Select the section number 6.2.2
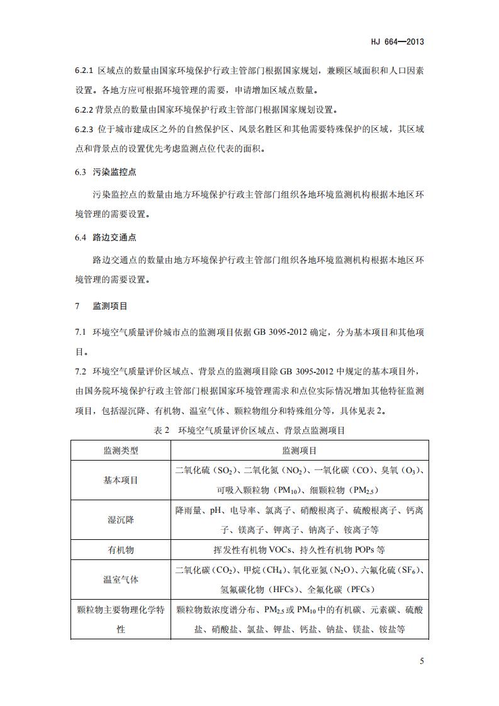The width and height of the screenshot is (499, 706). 84,109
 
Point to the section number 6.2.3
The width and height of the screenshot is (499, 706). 84,130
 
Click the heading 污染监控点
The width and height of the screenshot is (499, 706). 110,172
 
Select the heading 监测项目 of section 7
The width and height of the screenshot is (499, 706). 110,306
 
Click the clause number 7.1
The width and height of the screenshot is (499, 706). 80,332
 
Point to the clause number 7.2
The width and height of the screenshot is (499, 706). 80,371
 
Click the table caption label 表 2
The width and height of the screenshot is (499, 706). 163,431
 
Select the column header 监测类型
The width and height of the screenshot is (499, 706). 121,451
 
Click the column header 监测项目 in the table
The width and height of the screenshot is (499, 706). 300,451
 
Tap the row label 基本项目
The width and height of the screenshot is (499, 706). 121,480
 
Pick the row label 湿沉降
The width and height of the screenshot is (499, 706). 121,520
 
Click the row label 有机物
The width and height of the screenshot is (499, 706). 121,549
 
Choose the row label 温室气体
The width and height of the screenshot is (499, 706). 121,580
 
